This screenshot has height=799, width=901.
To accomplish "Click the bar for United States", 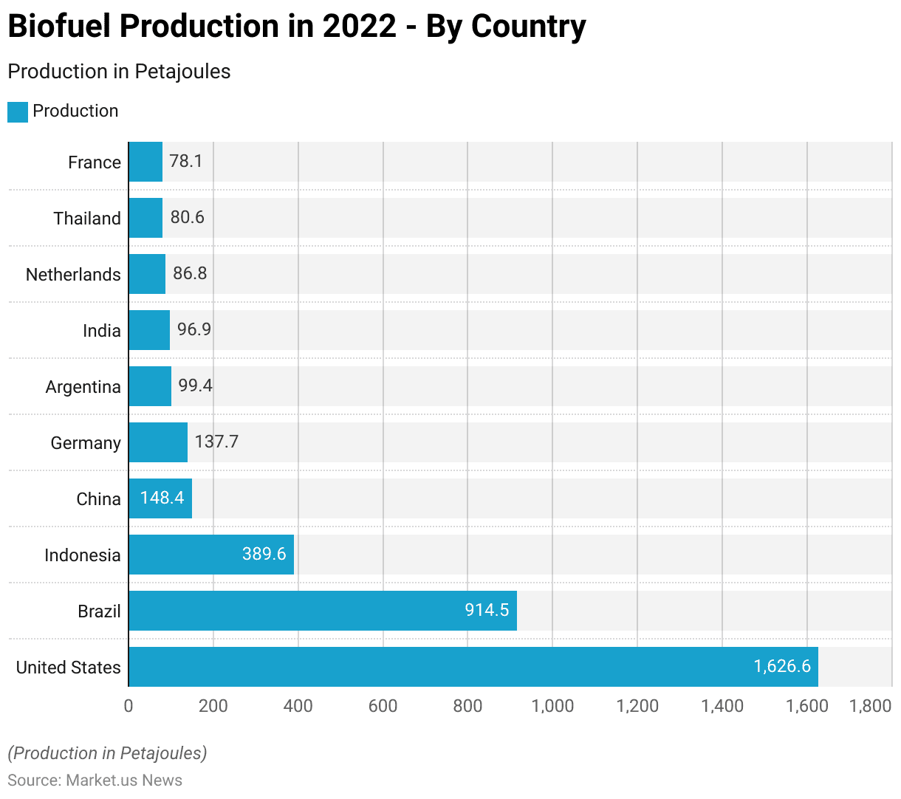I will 473,667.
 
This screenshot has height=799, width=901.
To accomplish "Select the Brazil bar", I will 322,611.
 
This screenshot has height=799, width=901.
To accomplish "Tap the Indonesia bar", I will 211,555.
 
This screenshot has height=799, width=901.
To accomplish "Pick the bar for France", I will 145,162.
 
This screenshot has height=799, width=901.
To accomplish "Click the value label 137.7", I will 216,442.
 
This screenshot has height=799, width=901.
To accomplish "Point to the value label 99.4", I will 195,385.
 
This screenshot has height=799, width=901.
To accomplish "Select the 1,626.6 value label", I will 781,666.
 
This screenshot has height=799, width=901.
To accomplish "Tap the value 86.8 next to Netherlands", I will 190,273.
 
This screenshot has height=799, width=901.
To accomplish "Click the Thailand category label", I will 87,219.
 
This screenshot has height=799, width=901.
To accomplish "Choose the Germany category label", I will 86,443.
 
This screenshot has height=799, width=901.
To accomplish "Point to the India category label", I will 102,331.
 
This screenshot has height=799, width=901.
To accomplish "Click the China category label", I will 98,499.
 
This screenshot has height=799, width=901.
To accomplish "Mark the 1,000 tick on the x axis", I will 552,706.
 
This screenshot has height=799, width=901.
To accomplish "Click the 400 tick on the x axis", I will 298,706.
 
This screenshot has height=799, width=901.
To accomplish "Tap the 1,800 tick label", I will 870,706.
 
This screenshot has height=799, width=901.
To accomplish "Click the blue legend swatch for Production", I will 18,112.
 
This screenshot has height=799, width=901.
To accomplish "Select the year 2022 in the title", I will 359,27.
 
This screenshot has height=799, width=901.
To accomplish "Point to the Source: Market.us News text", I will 95,781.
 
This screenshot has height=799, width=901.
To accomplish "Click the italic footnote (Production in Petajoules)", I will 107,753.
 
